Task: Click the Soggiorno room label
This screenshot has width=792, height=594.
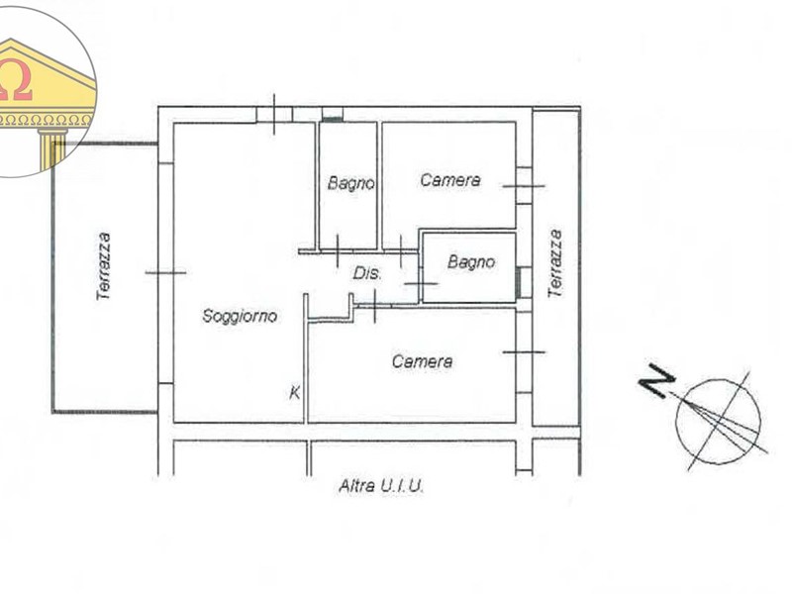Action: [240, 316]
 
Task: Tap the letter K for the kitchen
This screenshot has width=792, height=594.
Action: [295, 392]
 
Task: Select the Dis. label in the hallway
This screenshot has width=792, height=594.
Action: [367, 274]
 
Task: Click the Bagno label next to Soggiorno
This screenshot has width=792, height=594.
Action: [351, 183]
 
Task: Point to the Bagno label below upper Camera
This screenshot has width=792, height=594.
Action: [471, 261]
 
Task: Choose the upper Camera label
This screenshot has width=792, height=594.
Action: [450, 180]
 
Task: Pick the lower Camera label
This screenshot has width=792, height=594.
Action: [423, 361]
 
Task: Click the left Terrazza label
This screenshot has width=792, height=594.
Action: [104, 266]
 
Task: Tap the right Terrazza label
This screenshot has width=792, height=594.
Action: [555, 263]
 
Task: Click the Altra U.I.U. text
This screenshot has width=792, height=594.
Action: [381, 486]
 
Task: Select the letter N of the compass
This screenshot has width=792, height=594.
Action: [656, 380]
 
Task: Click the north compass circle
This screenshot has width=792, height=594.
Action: [719, 422]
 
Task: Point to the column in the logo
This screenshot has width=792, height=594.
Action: [51, 149]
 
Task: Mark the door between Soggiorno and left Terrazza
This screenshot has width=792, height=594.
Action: [165, 273]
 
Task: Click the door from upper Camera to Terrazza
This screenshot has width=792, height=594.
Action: [524, 186]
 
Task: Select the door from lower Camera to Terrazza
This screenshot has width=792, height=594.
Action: [524, 351]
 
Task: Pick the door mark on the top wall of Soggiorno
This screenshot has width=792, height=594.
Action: [274, 115]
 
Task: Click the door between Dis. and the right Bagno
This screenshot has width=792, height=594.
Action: [421, 283]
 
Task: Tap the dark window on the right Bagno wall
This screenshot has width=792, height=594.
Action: [518, 282]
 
